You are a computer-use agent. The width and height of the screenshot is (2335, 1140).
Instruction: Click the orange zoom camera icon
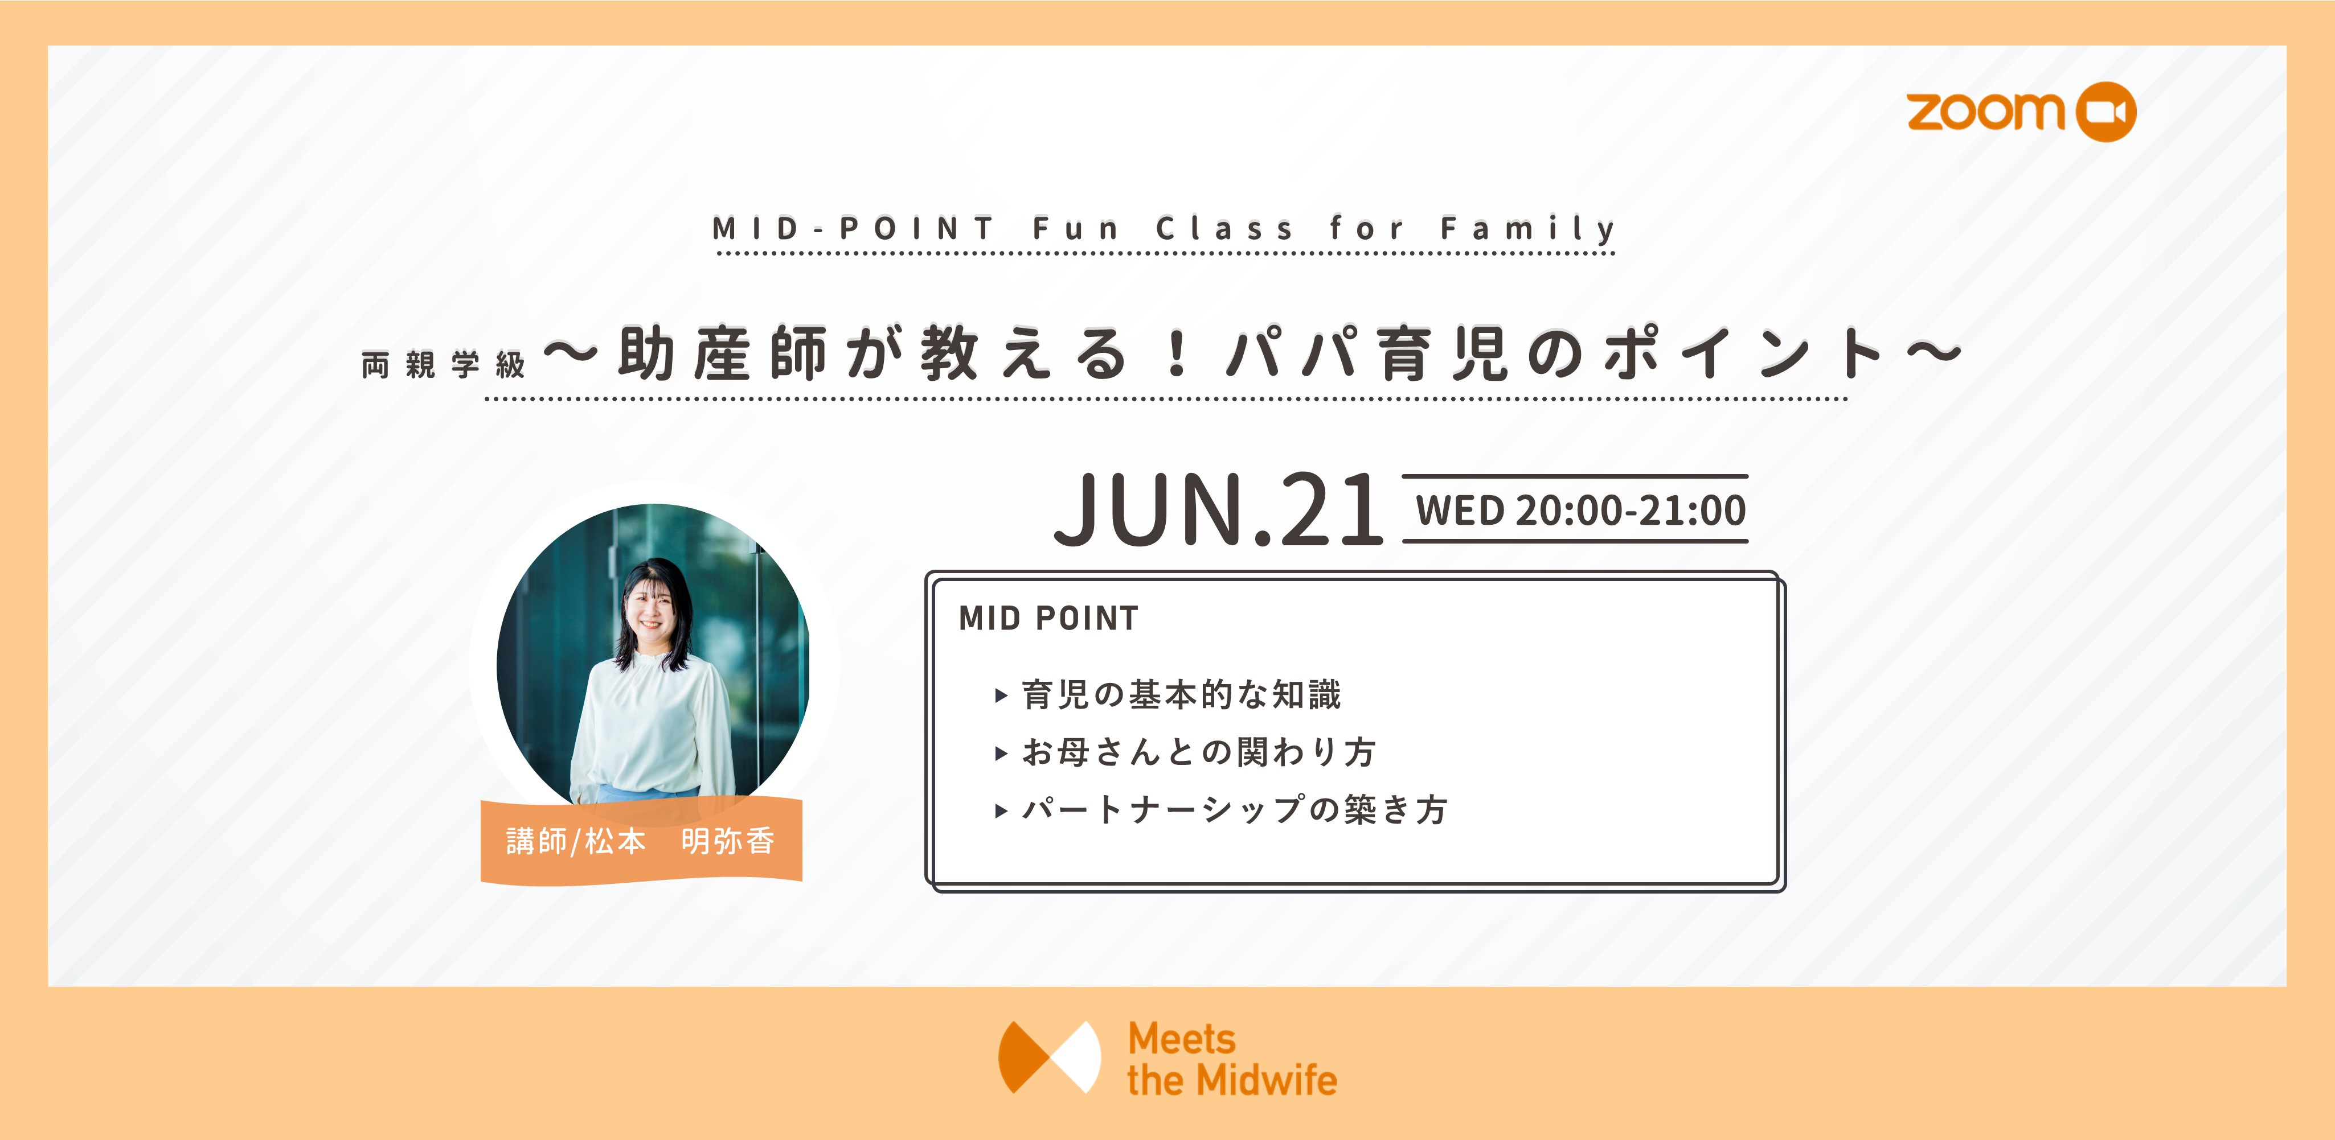point(2105,112)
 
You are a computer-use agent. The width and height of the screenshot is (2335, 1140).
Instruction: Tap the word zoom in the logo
point(1985,112)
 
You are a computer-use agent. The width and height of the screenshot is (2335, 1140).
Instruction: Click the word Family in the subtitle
point(1527,228)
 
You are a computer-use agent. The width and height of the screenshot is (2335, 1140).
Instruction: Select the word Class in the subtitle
point(1224,228)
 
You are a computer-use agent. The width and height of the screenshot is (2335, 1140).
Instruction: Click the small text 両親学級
point(443,365)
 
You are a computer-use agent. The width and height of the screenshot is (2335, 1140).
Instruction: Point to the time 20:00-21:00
point(1631,510)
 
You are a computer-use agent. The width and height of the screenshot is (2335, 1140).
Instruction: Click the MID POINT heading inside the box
point(1048,618)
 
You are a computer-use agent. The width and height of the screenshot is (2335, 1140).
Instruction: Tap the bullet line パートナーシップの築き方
point(1235,809)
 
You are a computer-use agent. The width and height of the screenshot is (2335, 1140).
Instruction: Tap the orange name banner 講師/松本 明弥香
point(641,841)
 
